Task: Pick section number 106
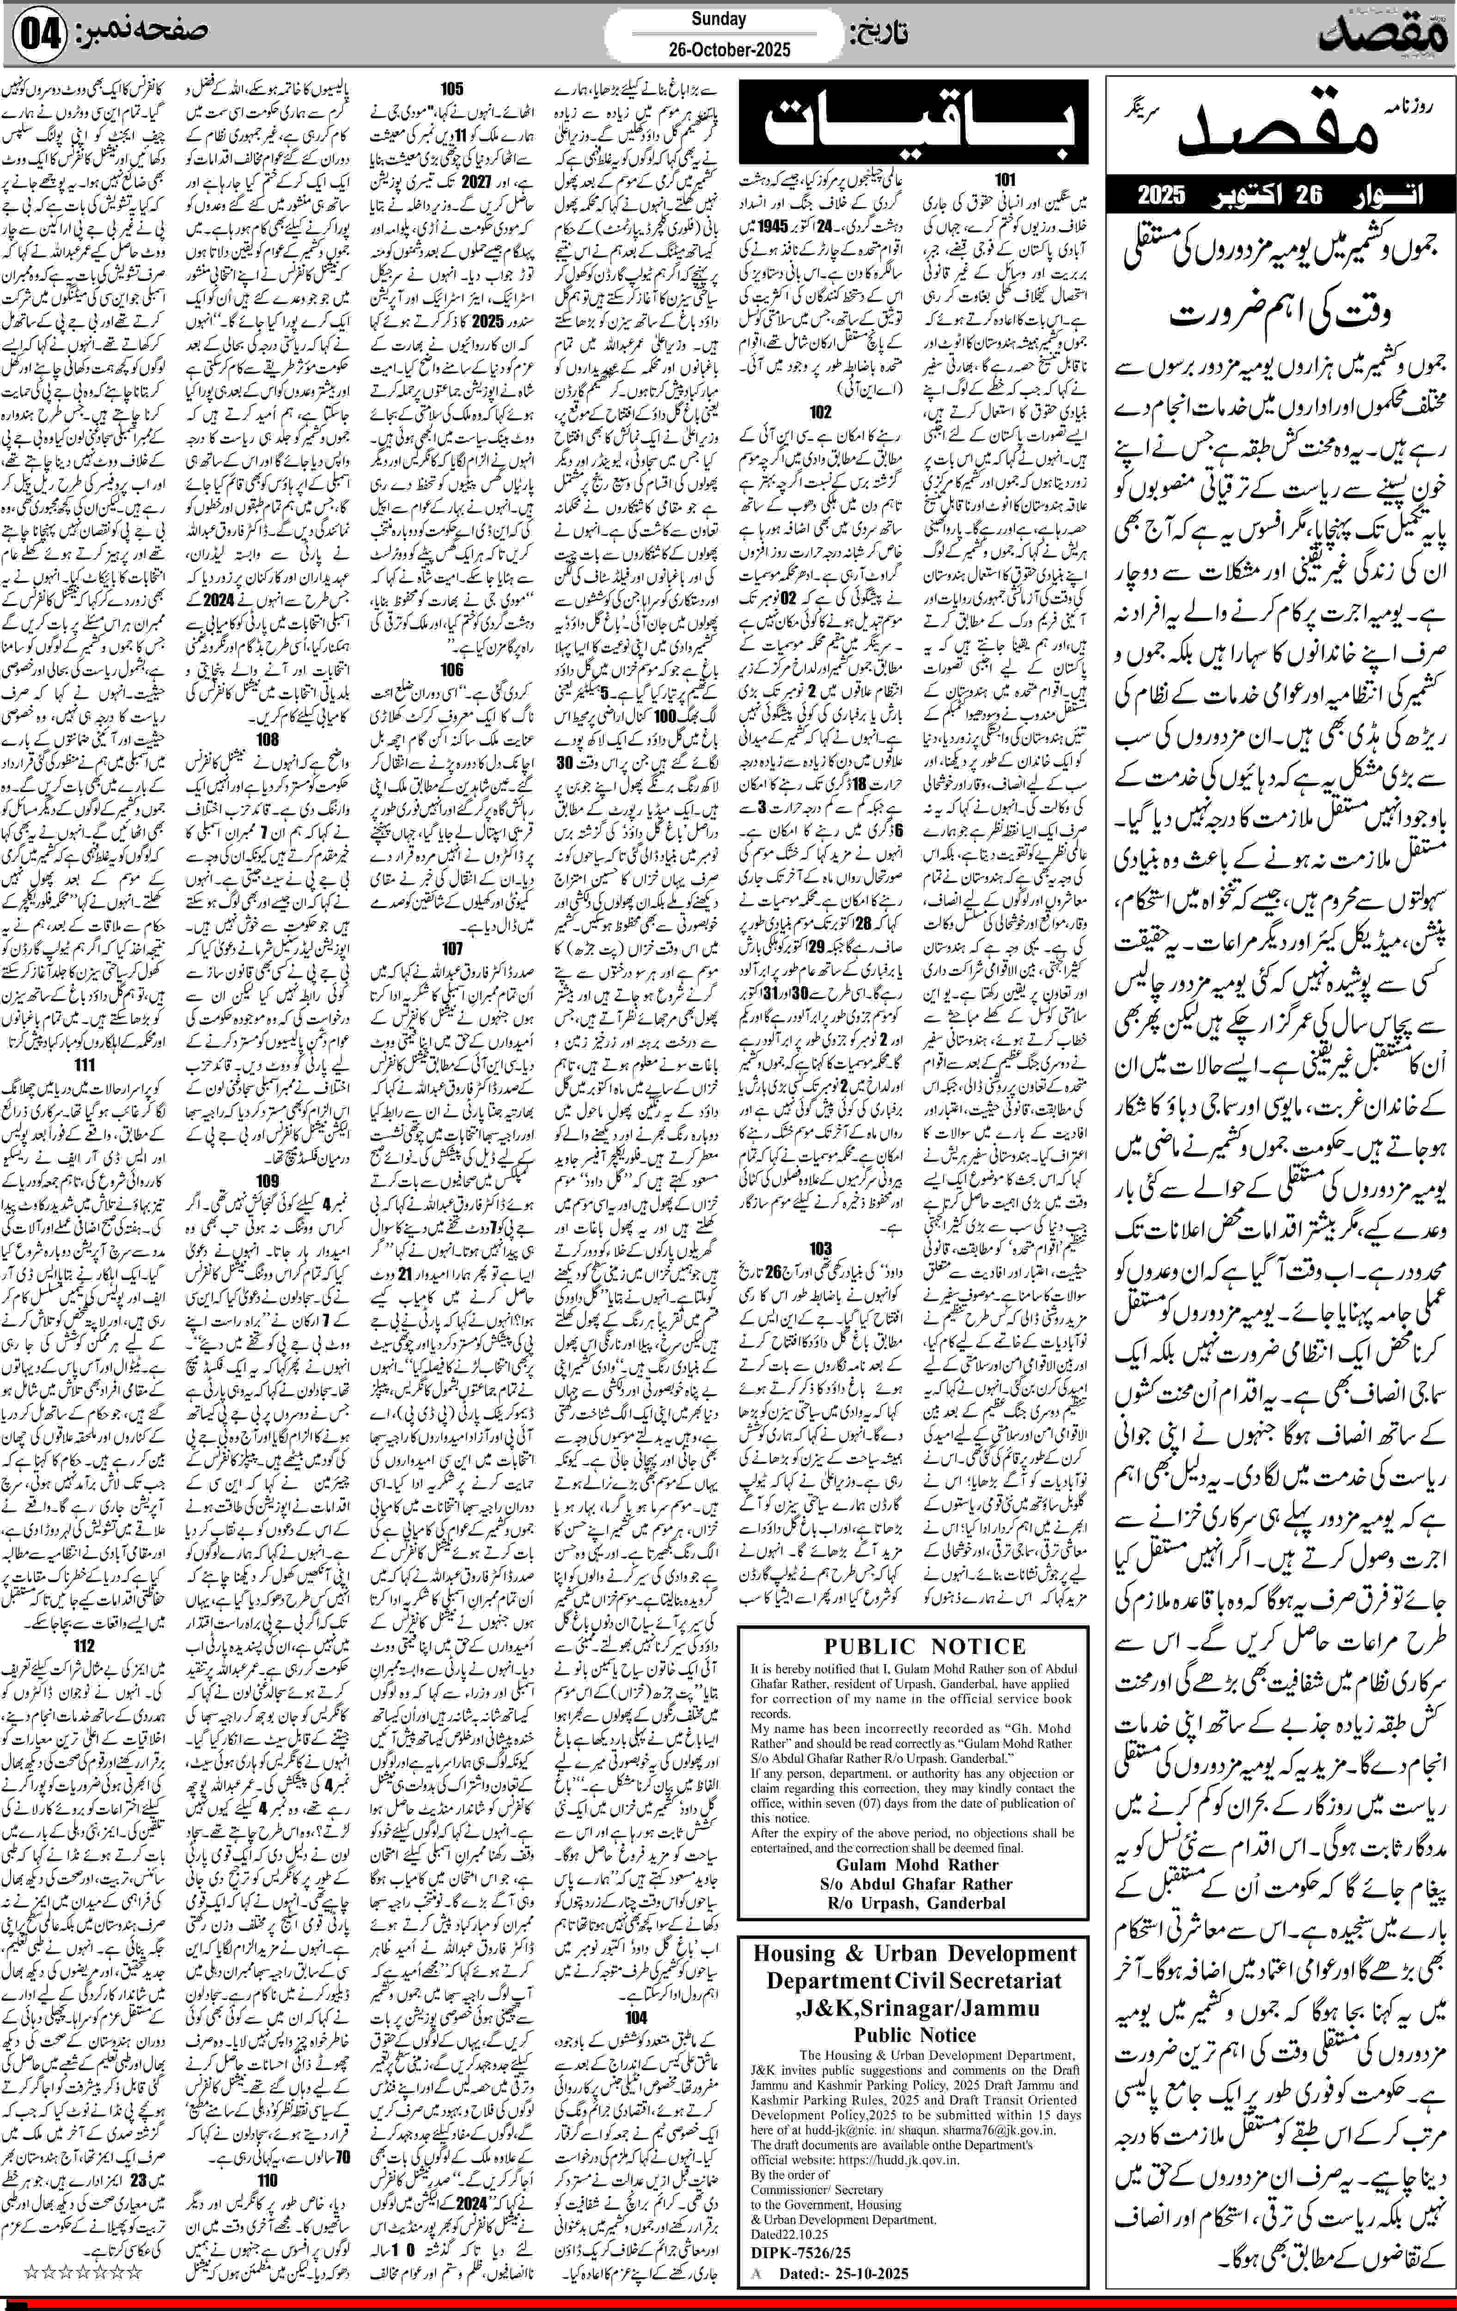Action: (451, 670)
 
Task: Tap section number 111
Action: (84, 1065)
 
